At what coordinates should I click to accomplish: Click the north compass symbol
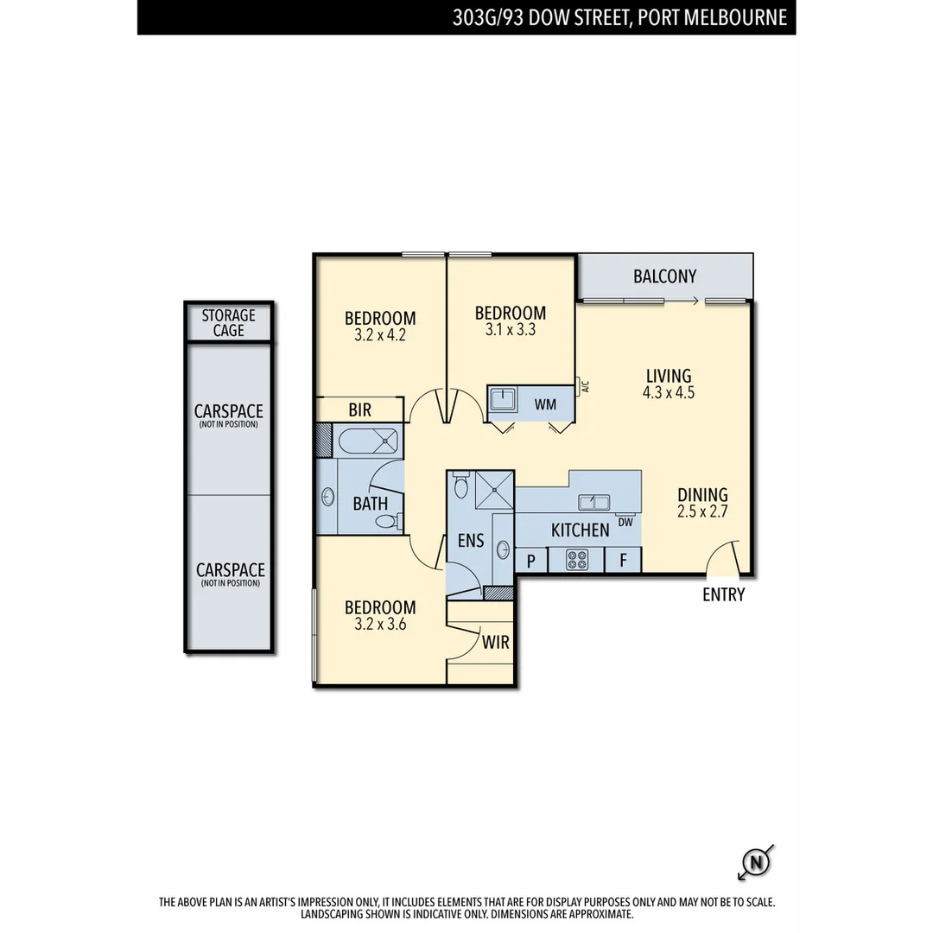coord(756,862)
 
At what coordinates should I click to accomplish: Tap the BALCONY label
coord(664,276)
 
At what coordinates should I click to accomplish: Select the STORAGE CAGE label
coord(229,323)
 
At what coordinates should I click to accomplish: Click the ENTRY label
coord(723,594)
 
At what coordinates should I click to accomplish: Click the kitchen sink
coord(595,502)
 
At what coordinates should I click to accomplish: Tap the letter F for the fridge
coord(622,560)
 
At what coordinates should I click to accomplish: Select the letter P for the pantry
coord(531,560)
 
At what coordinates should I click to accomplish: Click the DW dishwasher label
coord(626,522)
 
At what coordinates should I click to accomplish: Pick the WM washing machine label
coord(545,403)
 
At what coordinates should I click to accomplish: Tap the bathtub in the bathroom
coord(368,441)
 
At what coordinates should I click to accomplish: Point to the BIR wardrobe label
coord(360,409)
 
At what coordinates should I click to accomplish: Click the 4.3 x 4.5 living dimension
coord(669,391)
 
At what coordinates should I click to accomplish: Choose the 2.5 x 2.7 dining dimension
coord(702,511)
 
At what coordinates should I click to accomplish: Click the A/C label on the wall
coord(585,387)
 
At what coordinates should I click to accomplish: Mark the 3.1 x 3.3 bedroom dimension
coord(510,328)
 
